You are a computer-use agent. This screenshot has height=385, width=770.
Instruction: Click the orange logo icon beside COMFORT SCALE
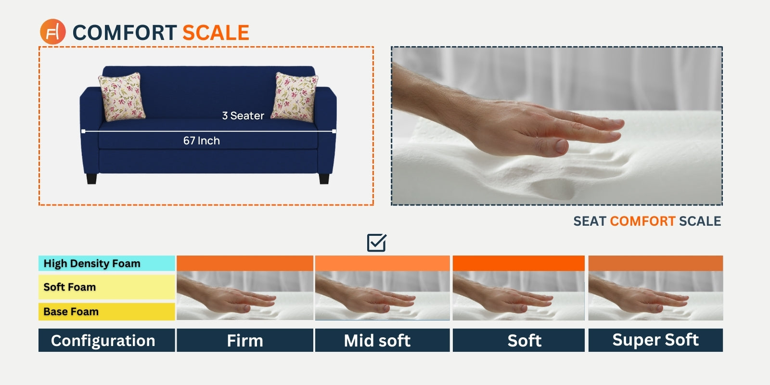52,32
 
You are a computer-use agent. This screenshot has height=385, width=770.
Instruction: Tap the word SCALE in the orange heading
216,33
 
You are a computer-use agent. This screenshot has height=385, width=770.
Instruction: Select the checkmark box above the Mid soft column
376,243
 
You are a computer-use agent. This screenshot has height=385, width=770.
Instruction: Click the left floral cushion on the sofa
122,97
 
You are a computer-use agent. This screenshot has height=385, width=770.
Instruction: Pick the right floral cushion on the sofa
294,97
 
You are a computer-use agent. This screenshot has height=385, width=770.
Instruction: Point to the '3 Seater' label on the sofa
243,115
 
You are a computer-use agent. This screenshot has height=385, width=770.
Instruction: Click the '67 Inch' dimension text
202,141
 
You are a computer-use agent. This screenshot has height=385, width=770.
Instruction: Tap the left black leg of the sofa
91,179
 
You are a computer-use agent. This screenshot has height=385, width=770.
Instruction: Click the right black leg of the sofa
324,179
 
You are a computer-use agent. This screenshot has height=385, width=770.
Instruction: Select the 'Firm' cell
245,340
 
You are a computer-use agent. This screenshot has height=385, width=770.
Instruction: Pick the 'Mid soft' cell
382,340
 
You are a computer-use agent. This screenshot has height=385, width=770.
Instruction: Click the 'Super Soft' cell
655,340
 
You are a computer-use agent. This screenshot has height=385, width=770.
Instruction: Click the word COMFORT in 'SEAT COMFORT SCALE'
642,221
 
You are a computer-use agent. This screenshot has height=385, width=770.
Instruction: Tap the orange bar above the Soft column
518,263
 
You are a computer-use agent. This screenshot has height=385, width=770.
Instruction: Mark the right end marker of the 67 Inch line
334,131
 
